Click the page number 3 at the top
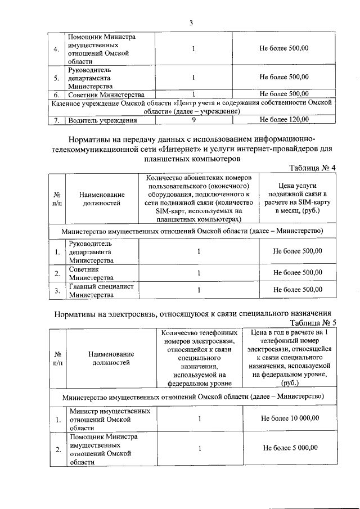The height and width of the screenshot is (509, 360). click(191, 22)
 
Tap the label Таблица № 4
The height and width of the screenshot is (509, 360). click(312, 168)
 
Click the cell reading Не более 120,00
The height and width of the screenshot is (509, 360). click(283, 119)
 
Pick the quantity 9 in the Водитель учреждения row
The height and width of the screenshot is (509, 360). click(193, 119)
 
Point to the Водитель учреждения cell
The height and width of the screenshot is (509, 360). click(102, 119)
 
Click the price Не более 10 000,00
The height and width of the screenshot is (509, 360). click(290, 418)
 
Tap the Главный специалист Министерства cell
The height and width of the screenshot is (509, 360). click(101, 290)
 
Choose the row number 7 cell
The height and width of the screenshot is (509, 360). click(57, 119)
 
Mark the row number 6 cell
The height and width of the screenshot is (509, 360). click(57, 94)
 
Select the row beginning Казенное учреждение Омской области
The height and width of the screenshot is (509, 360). click(191, 107)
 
